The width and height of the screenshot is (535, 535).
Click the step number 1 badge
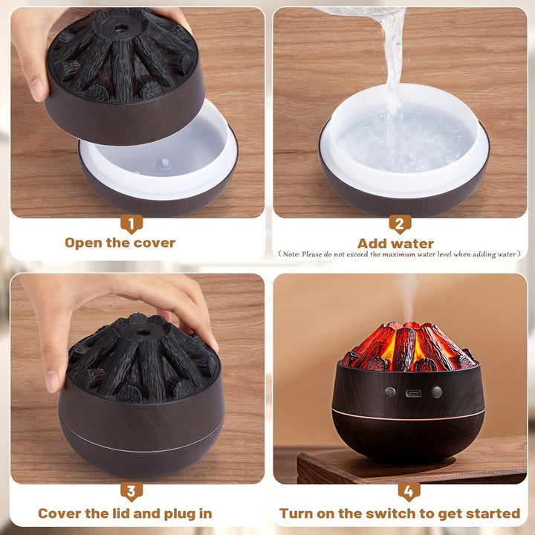(132, 223)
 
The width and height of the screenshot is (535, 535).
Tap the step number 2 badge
(400, 223)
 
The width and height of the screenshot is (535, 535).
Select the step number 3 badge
(132, 491)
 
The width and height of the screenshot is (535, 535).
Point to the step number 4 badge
(409, 491)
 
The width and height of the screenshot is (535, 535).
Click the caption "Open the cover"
(120, 243)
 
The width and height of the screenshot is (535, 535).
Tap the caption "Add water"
(395, 243)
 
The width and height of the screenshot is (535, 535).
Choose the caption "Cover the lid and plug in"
(125, 513)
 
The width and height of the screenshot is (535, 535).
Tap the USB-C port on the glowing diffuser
(411, 392)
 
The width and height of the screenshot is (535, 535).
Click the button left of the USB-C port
(389, 392)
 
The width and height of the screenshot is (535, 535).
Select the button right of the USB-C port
(437, 392)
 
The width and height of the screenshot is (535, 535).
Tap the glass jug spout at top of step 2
(372, 11)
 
